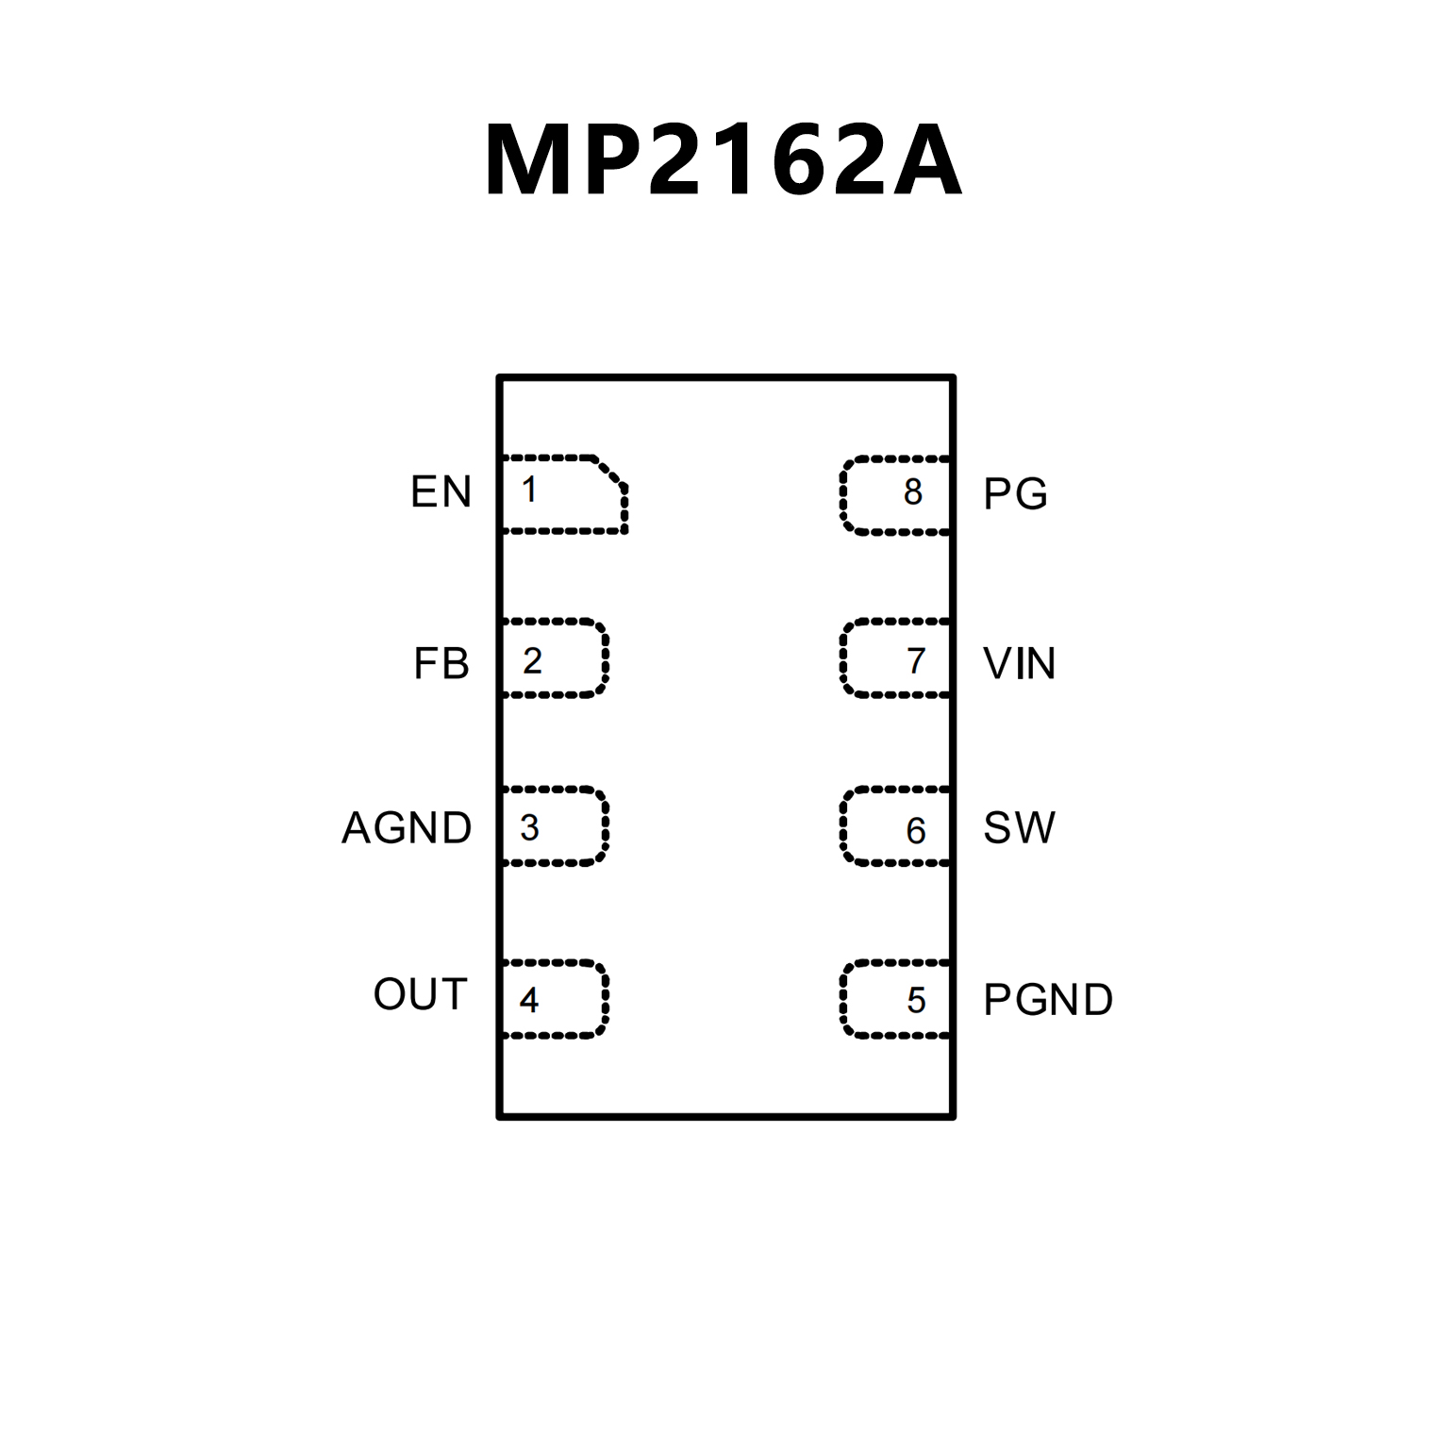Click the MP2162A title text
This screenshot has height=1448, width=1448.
click(723, 160)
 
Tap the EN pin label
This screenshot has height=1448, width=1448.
click(441, 491)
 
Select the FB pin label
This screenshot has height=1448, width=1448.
click(441, 663)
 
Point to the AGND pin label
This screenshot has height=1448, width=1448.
click(407, 828)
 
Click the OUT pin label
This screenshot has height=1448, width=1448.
click(420, 994)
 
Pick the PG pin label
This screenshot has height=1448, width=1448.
click(1015, 493)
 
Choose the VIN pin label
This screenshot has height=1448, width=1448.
click(1019, 663)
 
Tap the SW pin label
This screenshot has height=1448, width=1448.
click(1019, 828)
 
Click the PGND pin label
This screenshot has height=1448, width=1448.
click(1048, 1000)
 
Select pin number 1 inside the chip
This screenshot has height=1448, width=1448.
click(529, 490)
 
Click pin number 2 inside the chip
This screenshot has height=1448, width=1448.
click(532, 660)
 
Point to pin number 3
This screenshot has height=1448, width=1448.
click(529, 828)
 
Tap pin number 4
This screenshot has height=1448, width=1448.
click(529, 1000)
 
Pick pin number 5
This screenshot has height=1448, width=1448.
click(916, 1000)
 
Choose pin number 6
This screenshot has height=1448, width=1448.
click(916, 830)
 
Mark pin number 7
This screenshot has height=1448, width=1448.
click(916, 660)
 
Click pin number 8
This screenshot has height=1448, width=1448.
click(912, 491)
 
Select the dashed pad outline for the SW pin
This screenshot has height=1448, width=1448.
click(842, 825)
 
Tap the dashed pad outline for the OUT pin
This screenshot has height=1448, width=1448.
click(605, 999)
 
